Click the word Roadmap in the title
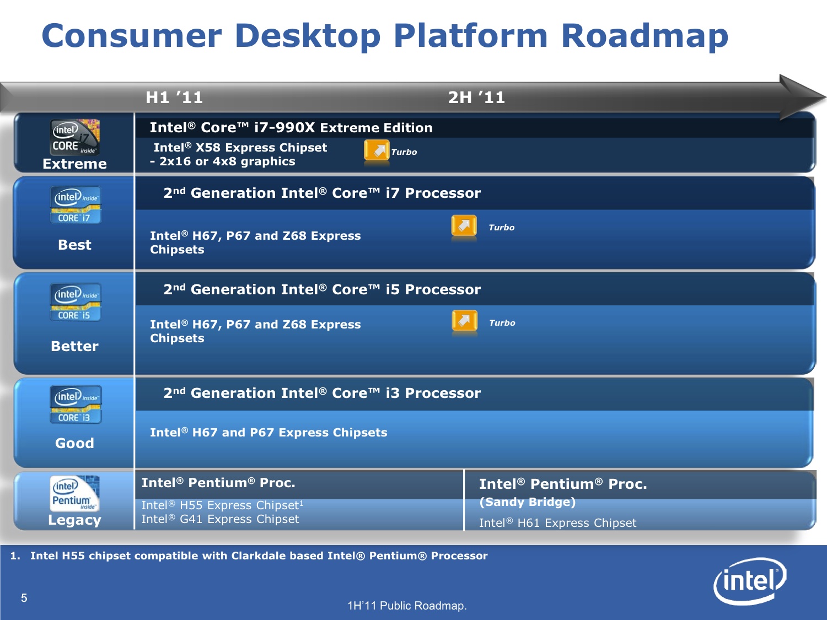[x=645, y=36]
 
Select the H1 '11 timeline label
[x=174, y=98]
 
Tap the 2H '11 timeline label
[x=476, y=98]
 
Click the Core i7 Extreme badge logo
[x=74, y=137]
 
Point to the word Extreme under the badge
[x=74, y=164]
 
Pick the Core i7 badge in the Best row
[x=76, y=205]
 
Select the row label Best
[x=74, y=245]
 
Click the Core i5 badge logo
[x=76, y=302]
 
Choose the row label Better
[x=74, y=346]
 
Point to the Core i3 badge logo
[x=76, y=405]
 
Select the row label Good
[x=74, y=443]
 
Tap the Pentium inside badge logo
[x=74, y=493]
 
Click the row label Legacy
[x=74, y=520]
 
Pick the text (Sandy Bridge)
[x=528, y=502]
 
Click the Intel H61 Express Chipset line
[x=557, y=523]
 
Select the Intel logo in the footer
[x=750, y=581]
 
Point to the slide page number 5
[x=24, y=598]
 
